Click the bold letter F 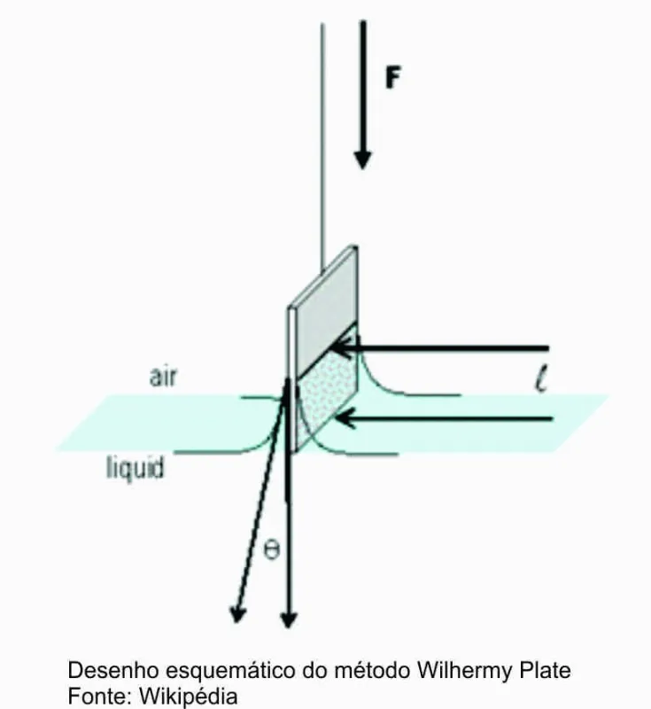[392, 77]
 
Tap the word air [162, 378]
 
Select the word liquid [135, 466]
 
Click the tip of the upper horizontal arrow [341, 347]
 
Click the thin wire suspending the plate [322, 133]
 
